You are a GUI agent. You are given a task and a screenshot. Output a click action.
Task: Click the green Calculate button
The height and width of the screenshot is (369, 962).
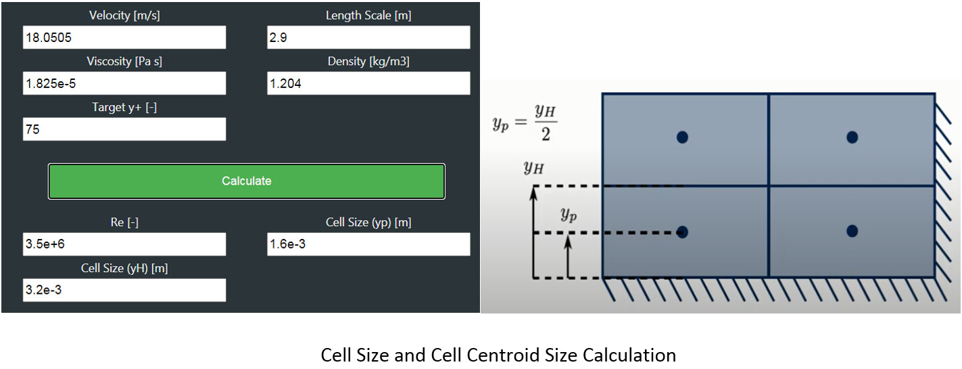246,181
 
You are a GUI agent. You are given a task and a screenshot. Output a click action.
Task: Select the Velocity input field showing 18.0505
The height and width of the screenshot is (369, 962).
124,38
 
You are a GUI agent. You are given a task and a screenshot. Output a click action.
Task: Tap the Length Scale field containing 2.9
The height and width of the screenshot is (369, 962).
368,38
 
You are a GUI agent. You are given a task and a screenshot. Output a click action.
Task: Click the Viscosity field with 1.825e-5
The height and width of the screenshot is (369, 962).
124,83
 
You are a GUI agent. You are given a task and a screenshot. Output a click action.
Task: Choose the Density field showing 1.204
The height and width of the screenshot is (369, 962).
368,83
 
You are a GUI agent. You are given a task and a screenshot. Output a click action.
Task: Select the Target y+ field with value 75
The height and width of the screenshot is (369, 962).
124,129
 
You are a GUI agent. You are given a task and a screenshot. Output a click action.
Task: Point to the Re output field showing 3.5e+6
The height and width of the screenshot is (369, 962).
124,244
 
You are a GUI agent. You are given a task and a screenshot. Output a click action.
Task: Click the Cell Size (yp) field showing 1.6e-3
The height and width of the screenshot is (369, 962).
368,244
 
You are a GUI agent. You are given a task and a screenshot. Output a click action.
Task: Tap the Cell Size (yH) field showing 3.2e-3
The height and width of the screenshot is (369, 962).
124,290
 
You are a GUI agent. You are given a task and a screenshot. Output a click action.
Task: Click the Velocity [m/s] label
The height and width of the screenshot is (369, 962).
124,16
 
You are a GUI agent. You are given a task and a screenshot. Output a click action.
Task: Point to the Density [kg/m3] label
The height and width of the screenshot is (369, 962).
368,62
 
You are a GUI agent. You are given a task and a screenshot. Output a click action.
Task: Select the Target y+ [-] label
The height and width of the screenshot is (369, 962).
124,107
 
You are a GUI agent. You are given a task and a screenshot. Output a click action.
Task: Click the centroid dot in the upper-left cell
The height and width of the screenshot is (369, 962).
682,137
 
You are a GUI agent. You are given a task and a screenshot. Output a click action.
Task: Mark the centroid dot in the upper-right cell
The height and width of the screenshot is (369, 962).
852,137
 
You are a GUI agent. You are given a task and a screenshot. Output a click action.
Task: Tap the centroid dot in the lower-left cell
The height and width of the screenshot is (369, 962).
682,232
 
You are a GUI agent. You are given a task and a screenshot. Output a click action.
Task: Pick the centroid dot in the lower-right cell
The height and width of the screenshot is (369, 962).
852,232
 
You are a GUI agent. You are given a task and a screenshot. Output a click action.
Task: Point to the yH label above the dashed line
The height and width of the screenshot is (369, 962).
533,167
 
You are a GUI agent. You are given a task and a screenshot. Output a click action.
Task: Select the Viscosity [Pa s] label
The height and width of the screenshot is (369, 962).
124,62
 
